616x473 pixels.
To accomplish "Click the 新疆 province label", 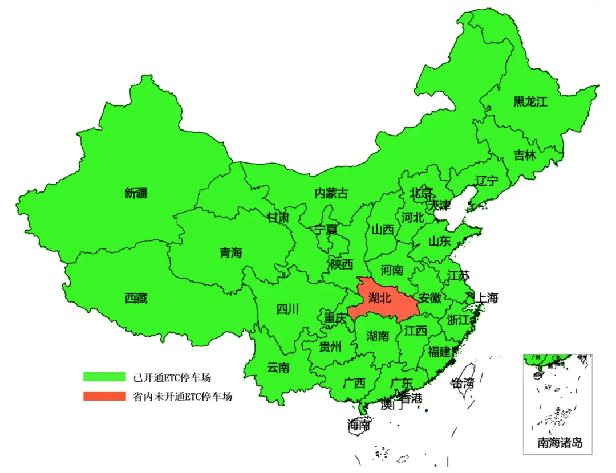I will click(136, 193).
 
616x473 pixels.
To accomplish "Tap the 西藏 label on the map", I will click(136, 297).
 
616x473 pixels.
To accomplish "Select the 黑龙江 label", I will click(530, 102).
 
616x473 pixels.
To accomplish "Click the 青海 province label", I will click(230, 252).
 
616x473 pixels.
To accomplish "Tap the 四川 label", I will click(287, 309).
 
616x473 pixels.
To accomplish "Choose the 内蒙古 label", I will click(331, 193).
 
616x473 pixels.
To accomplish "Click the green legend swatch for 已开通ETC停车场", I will click(104, 377).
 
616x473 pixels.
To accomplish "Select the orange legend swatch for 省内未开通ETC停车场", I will click(104, 396).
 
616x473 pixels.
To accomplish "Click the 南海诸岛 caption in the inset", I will click(560, 442).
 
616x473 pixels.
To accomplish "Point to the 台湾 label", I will click(462, 383).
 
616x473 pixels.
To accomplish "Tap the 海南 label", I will click(359, 425).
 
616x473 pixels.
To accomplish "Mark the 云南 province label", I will click(278, 368).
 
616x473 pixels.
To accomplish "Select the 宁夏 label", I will click(326, 230).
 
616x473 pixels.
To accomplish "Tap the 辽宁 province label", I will click(487, 181).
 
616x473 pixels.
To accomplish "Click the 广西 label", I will click(354, 383).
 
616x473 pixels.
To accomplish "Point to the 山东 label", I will click(439, 241).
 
